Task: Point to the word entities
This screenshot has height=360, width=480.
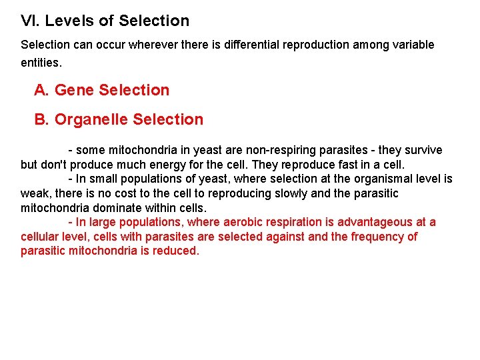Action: click(x=41, y=63)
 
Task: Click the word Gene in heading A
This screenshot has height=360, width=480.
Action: click(x=74, y=90)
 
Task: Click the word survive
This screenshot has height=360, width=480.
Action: click(x=423, y=150)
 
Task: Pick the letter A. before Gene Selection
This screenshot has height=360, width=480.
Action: click(x=42, y=90)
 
